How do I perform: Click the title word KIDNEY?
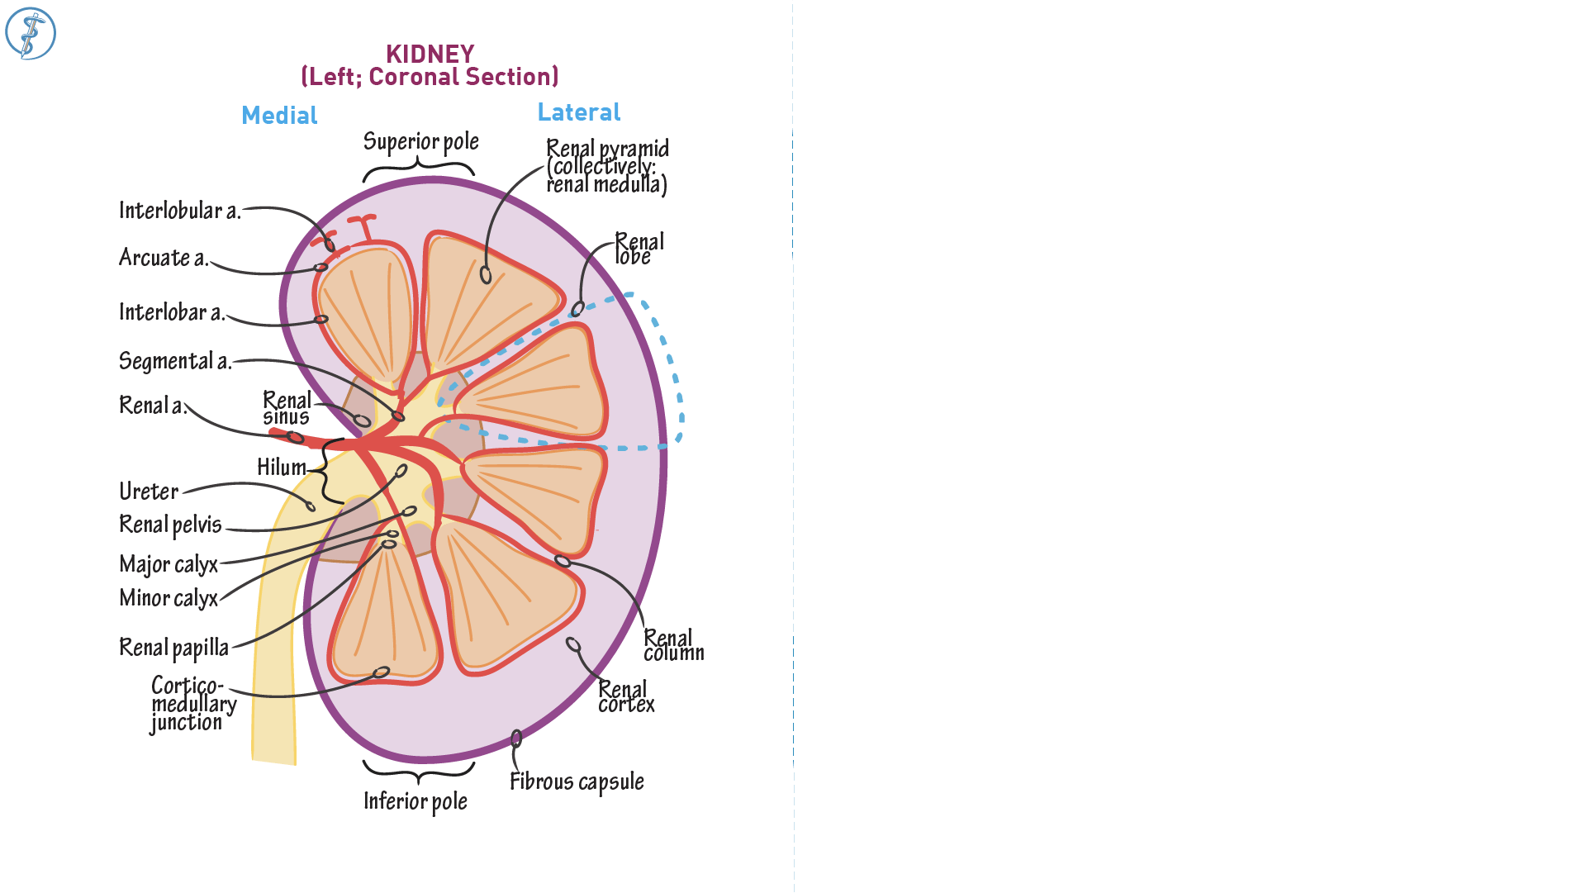click(430, 55)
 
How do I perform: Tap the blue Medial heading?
click(279, 116)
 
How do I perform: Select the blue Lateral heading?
click(579, 112)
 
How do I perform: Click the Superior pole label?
click(420, 142)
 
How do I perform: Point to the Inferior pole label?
click(415, 801)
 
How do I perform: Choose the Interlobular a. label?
click(179, 211)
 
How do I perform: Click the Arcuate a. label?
click(164, 259)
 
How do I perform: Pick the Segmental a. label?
click(174, 362)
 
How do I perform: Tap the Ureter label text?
click(149, 492)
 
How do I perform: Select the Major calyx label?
click(169, 565)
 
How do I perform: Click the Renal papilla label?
click(173, 648)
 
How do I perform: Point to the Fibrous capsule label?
click(577, 782)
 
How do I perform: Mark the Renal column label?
click(673, 646)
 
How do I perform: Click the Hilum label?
click(282, 468)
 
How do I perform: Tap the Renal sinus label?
click(287, 409)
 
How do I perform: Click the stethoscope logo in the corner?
click(31, 34)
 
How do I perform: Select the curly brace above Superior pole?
click(419, 168)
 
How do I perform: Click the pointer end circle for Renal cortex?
click(573, 644)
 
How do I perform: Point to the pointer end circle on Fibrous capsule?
click(516, 738)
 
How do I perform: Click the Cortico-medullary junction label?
click(193, 704)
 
